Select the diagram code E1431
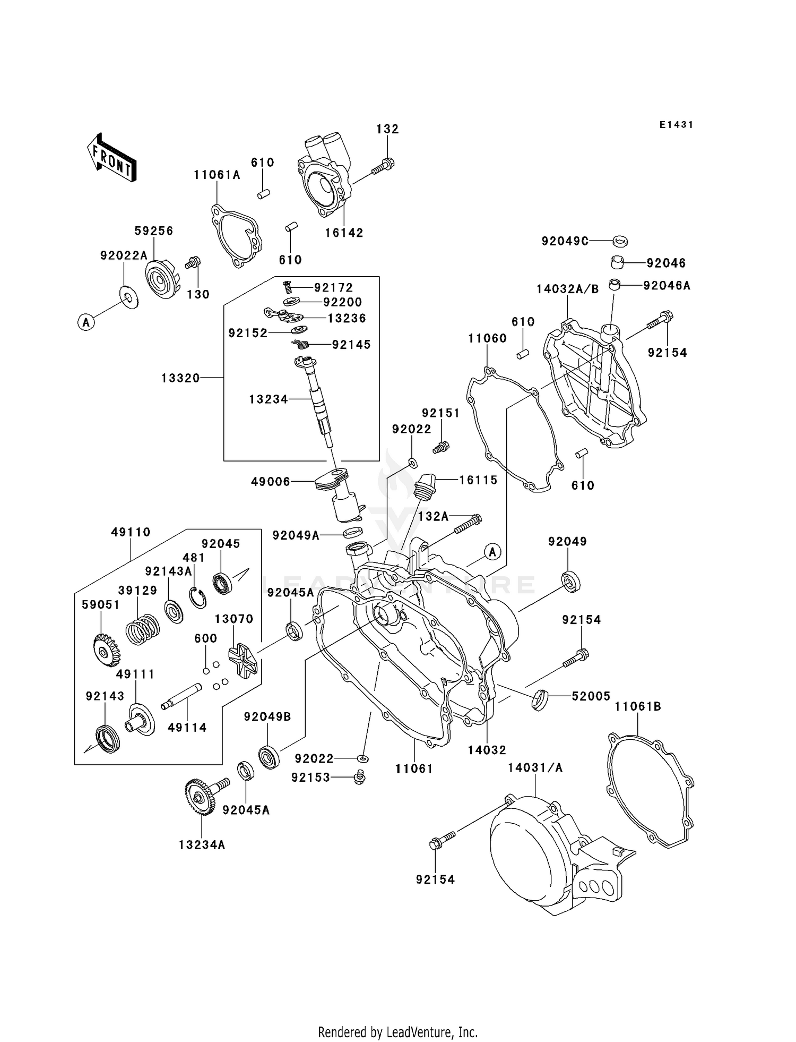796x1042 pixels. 677,125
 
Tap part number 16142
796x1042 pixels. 344,233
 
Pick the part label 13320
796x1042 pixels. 181,378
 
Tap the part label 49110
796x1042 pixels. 131,532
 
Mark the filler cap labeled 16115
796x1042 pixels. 424,485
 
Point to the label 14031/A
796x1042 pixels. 535,767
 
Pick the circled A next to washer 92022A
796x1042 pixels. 86,321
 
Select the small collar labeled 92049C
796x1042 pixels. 620,241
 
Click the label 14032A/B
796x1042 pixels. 567,289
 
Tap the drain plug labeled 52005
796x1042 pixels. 540,699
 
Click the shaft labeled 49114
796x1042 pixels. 181,695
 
